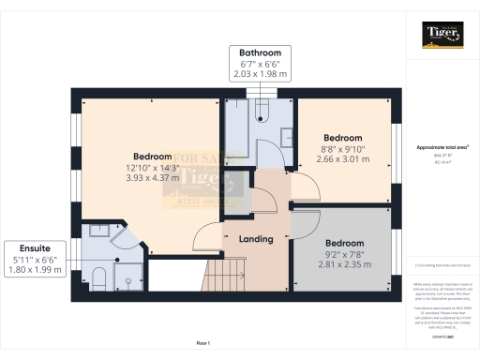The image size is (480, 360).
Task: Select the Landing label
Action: [255, 239]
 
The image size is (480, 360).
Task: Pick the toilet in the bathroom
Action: [262, 115]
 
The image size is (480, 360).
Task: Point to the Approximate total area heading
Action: [442, 147]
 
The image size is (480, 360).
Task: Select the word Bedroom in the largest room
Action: [152, 156]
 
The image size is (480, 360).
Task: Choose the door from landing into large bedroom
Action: [208, 236]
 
